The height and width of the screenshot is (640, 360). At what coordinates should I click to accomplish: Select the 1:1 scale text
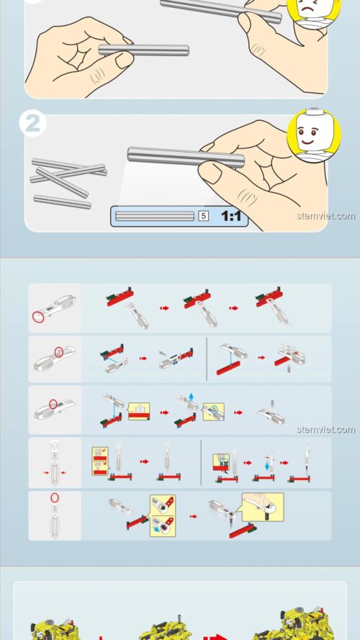(x=231, y=215)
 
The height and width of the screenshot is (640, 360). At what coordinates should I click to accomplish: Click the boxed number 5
(x=203, y=215)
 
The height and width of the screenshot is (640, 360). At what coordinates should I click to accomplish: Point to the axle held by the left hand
(x=144, y=50)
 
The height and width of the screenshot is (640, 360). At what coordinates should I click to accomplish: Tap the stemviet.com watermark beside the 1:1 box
(x=325, y=215)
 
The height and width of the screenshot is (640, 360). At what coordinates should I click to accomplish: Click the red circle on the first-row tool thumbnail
(x=38, y=316)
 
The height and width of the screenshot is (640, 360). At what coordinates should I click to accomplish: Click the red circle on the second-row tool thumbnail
(x=59, y=352)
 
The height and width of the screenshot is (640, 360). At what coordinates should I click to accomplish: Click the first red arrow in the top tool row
(x=164, y=307)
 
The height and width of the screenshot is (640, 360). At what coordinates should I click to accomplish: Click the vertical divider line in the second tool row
(x=207, y=357)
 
